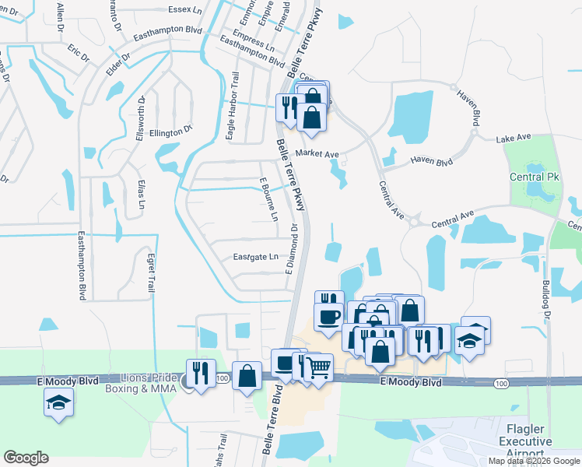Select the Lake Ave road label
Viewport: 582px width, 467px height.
click(x=514, y=138)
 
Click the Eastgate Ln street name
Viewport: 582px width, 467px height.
click(x=255, y=257)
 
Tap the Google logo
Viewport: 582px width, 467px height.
click(x=26, y=458)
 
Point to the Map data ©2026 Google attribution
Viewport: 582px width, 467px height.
click(x=535, y=461)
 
